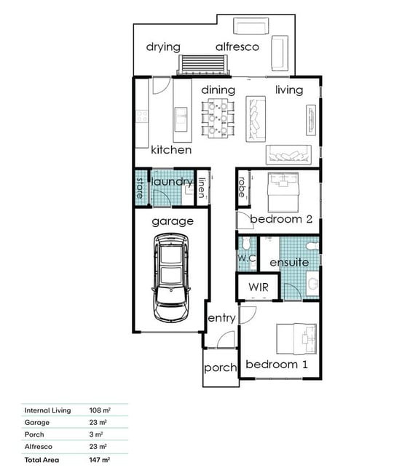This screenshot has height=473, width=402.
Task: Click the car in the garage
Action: tap(171, 277)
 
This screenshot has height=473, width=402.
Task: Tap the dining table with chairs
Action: tap(218, 118)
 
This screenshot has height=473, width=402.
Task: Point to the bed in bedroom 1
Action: tap(296, 339)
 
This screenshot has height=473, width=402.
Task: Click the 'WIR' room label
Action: tap(259, 287)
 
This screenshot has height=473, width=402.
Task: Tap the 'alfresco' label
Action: tap(237, 47)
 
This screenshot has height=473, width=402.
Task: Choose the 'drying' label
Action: tap(163, 47)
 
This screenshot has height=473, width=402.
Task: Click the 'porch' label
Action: tap(221, 367)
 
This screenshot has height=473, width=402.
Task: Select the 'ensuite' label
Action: tap(289, 263)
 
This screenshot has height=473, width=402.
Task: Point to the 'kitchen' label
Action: tap(171, 150)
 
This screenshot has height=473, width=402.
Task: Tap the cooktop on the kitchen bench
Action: tap(142, 116)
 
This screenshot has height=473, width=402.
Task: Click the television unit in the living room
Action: tap(311, 120)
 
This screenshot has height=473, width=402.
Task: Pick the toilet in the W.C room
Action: tap(246, 244)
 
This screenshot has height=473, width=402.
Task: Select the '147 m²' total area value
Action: tap(100, 460)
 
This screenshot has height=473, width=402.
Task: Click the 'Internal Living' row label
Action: tap(47, 410)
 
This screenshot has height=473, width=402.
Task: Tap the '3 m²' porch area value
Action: tap(96, 434)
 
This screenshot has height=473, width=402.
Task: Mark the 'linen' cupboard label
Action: tap(202, 188)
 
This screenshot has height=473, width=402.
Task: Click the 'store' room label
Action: tap(140, 188)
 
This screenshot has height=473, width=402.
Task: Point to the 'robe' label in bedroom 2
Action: tap(242, 187)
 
